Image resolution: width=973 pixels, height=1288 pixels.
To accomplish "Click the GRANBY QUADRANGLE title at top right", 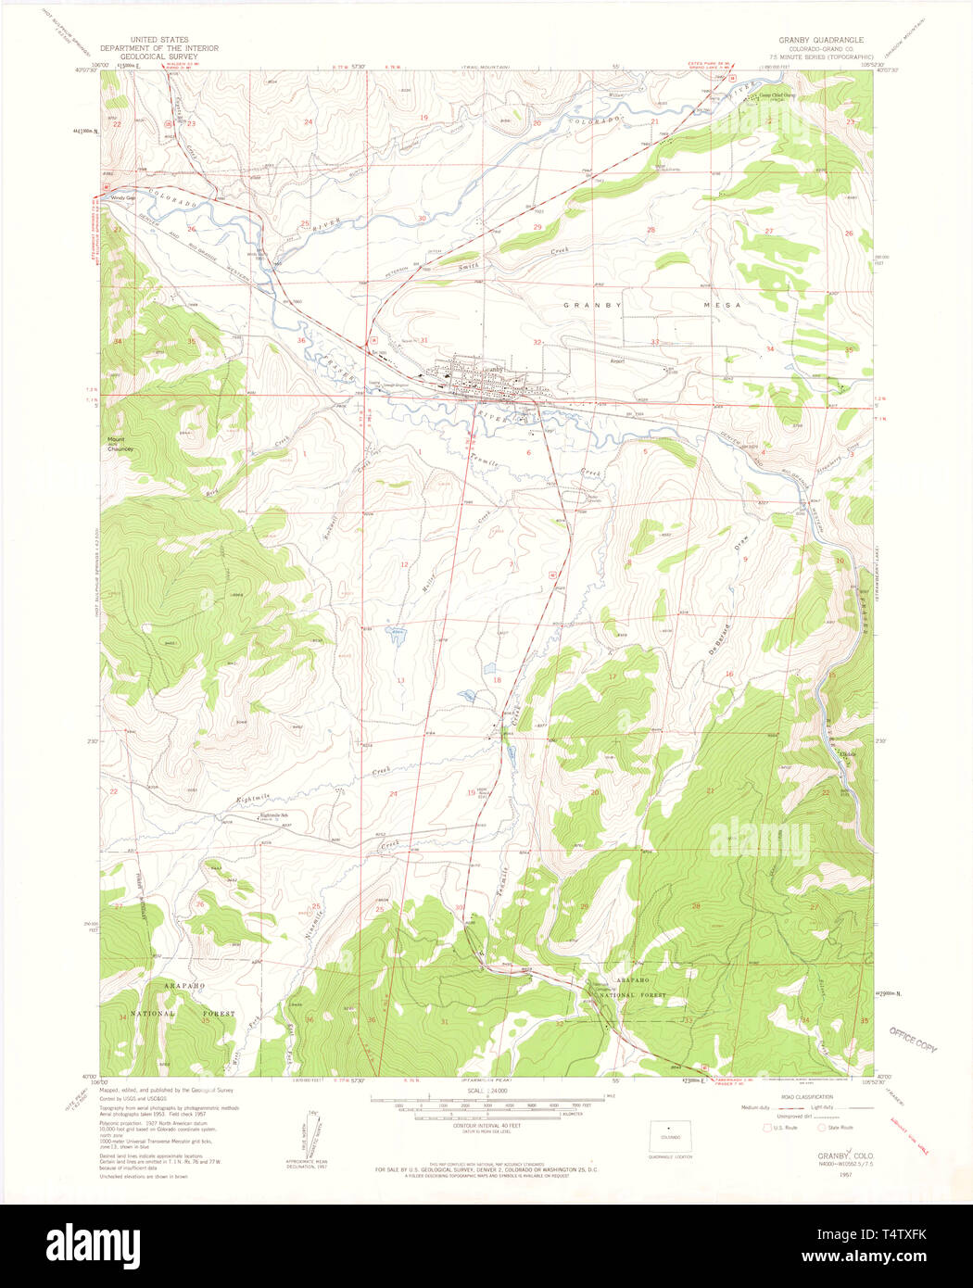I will [x=821, y=40].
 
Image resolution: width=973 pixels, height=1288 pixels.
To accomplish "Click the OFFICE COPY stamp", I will [x=913, y=1040].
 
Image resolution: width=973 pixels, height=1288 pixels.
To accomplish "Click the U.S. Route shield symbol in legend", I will [x=764, y=1128].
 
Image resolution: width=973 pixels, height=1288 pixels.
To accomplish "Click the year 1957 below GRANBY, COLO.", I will [x=845, y=1174].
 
